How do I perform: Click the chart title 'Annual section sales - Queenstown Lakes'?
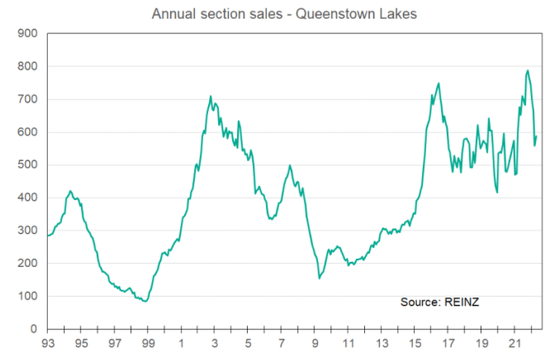(276, 13)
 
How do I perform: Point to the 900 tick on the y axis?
(28, 33)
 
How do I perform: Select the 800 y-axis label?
(28, 66)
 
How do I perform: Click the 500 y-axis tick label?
(28, 165)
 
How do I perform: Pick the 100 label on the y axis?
(28, 296)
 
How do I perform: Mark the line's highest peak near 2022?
(527, 71)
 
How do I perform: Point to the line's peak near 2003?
(211, 96)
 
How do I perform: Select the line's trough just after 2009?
(319, 278)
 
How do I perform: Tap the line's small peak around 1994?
(70, 191)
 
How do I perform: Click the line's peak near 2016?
(439, 83)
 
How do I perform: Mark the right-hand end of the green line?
(537, 137)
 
